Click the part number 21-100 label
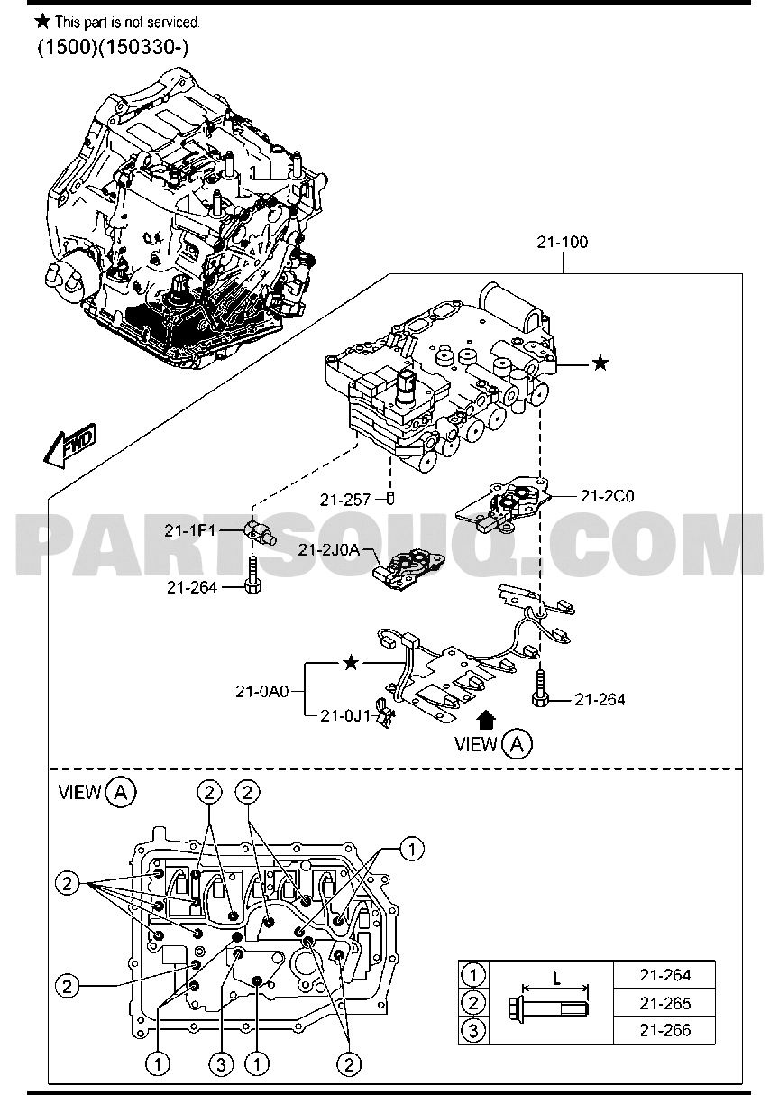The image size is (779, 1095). [x=564, y=242]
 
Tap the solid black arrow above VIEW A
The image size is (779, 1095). [x=486, y=718]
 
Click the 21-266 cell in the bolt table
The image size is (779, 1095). [x=664, y=1030]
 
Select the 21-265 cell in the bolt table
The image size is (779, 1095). [x=664, y=1002]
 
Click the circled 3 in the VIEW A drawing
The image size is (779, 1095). [x=220, y=1065]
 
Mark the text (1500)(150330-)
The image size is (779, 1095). [x=113, y=48]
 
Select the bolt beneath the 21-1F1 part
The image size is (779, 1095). [x=252, y=578]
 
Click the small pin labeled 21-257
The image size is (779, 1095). [x=391, y=497]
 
